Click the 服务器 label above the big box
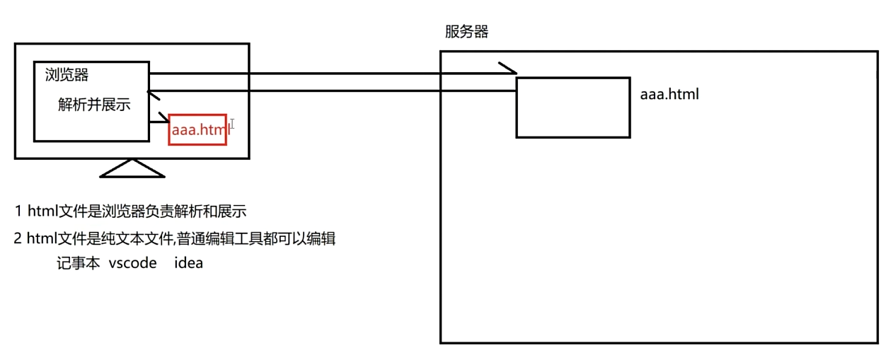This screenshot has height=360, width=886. (466, 32)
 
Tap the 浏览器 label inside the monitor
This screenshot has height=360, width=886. (67, 75)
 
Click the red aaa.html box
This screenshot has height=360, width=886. (197, 129)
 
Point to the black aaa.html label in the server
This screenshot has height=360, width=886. (669, 93)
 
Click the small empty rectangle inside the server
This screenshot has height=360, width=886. (573, 108)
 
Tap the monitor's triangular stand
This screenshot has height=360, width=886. (132, 168)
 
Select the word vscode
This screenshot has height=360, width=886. (132, 263)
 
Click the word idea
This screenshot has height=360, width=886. (188, 263)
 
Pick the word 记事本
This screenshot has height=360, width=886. (78, 263)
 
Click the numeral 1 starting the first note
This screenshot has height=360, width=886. (18, 211)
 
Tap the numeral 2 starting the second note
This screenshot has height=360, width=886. (18, 238)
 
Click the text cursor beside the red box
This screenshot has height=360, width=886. (232, 124)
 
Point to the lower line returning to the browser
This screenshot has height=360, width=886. (333, 90)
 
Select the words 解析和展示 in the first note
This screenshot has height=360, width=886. (213, 211)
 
